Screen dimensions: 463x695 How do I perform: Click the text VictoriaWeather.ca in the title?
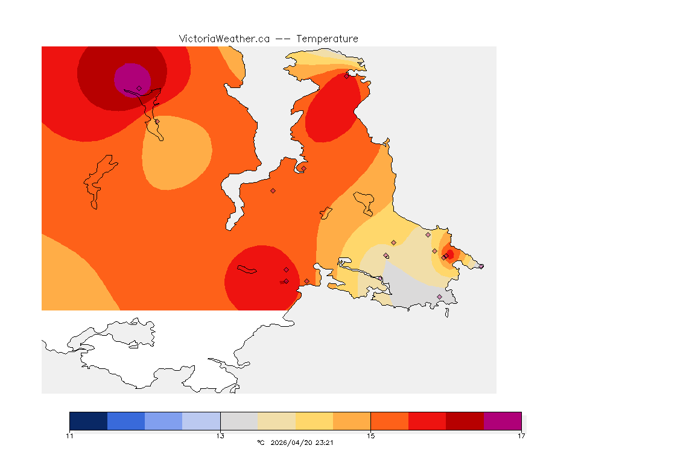[224, 39]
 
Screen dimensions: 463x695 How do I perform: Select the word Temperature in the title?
[326, 39]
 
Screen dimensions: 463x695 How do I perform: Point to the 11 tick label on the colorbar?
[70, 436]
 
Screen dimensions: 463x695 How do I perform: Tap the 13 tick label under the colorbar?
[220, 436]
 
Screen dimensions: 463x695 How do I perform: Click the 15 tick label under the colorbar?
[370, 436]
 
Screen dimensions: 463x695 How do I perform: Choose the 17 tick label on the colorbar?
[521, 436]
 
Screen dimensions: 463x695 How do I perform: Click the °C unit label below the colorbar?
[261, 443]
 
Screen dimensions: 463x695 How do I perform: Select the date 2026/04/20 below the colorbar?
[292, 443]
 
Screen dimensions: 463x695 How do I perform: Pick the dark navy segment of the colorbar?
[89, 421]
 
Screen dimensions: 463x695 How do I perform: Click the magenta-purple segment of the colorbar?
[502, 421]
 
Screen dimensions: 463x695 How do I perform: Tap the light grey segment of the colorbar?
[239, 421]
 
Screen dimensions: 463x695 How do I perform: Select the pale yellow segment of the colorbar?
[314, 421]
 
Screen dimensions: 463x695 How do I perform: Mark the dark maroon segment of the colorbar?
[465, 421]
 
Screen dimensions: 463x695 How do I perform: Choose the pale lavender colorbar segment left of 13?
[202, 421]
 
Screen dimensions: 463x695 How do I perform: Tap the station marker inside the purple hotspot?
[139, 88]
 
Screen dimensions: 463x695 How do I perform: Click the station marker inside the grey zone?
[439, 297]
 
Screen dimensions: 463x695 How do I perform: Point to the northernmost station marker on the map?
[346, 76]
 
